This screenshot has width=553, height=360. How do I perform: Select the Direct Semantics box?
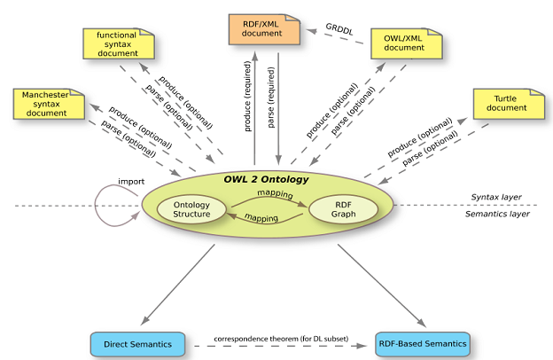[x=137, y=341]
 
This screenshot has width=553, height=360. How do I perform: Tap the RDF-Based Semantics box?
[x=421, y=341]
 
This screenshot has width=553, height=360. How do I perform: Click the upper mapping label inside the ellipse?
[x=275, y=192]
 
